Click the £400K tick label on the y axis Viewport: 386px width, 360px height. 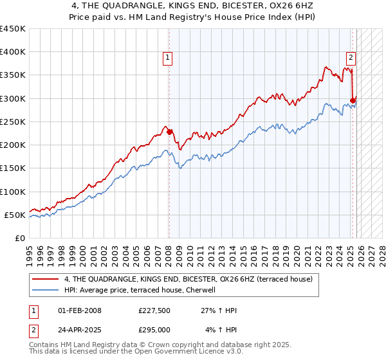(x=12, y=52)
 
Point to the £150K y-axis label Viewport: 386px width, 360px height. (x=12, y=168)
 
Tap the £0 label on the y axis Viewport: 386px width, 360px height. (x=19, y=238)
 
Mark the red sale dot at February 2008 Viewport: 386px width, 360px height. (x=170, y=132)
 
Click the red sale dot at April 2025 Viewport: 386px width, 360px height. (x=353, y=100)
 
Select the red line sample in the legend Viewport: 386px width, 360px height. (x=45, y=279)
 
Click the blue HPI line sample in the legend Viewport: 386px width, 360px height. (x=45, y=290)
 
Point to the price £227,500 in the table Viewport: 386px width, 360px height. (x=154, y=310)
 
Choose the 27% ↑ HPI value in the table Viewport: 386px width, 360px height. (x=219, y=310)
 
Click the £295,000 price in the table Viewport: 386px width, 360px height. (x=154, y=330)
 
